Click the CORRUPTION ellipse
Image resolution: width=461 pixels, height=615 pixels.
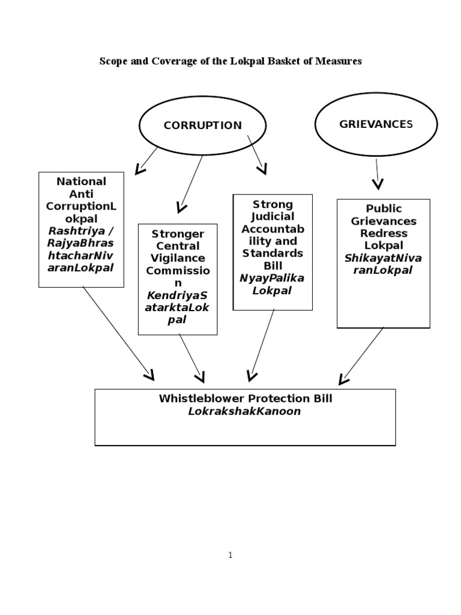coord(202,125)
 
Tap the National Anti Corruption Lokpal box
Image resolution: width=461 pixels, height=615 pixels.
coord(81,229)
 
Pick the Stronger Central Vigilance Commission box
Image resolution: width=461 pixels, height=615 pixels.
coord(177,279)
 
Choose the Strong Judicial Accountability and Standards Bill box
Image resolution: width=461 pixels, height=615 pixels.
coord(273,252)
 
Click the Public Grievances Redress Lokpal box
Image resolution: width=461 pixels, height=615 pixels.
coord(383,263)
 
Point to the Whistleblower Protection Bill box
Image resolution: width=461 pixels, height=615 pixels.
coord(245,417)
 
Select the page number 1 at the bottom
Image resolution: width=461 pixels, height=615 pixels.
coord(230,556)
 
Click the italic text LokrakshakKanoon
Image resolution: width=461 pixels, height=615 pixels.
coord(244,411)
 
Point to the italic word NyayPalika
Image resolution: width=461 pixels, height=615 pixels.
coord(273,279)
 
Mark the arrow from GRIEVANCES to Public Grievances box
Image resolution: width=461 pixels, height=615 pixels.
coord(377,174)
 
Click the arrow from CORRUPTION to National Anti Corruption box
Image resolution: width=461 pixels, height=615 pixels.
coord(147,160)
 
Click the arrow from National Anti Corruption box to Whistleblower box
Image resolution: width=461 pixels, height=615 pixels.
coord(118,333)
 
